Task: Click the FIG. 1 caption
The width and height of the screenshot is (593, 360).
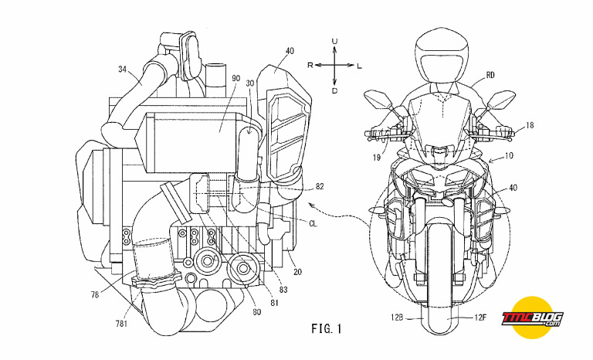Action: [x=327, y=328]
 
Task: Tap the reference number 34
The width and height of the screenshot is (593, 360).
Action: [x=123, y=70]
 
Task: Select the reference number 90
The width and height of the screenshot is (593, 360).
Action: [x=236, y=78]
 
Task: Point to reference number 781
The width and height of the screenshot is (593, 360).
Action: [x=121, y=324]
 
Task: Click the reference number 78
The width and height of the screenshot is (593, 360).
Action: [x=94, y=294]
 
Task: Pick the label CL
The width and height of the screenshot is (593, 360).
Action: [x=313, y=224]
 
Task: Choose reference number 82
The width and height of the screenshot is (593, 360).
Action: [x=320, y=187]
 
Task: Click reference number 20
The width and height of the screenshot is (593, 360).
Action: [x=297, y=272]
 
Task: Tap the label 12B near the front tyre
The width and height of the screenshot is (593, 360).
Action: [x=398, y=318]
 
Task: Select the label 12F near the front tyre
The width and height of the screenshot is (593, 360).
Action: [x=479, y=318]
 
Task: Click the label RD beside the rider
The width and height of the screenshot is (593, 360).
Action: [x=490, y=76]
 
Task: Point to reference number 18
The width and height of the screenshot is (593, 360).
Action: [x=530, y=124]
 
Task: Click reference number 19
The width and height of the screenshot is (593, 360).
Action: [x=376, y=157]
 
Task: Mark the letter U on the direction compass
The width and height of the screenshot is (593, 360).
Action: [x=334, y=41]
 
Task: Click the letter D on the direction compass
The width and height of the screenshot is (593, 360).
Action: [x=334, y=90]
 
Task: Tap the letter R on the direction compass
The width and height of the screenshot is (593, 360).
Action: [x=310, y=65]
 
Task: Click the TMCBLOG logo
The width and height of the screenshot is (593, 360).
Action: [x=533, y=318]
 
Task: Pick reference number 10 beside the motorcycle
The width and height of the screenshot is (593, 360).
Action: [x=509, y=155]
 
